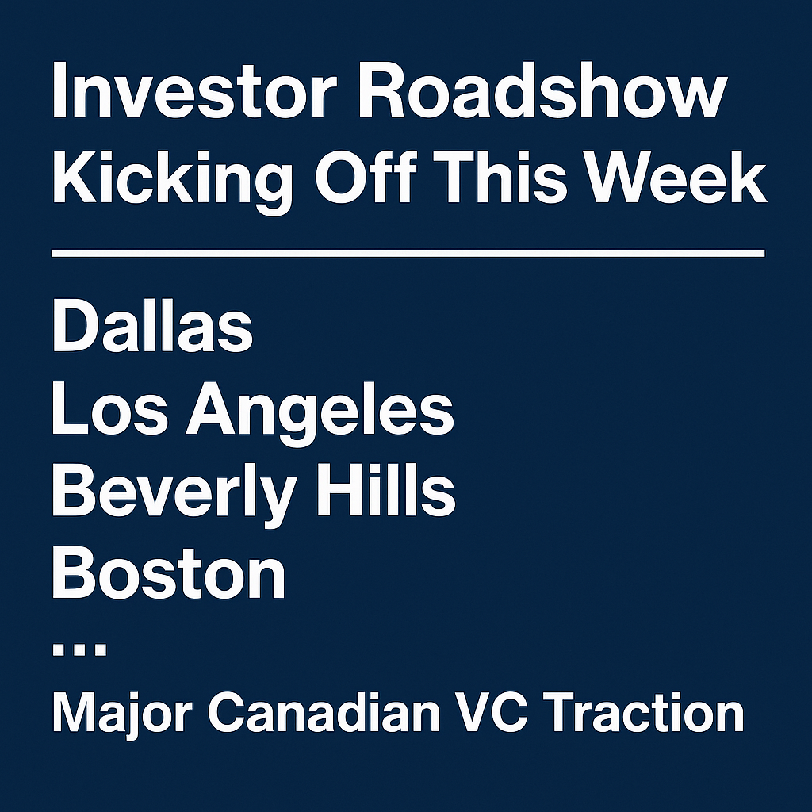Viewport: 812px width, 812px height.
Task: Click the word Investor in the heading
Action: (190, 90)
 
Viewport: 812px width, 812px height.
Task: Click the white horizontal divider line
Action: (408, 253)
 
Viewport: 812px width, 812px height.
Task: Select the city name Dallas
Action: (152, 325)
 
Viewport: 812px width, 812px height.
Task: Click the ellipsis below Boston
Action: (80, 649)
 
